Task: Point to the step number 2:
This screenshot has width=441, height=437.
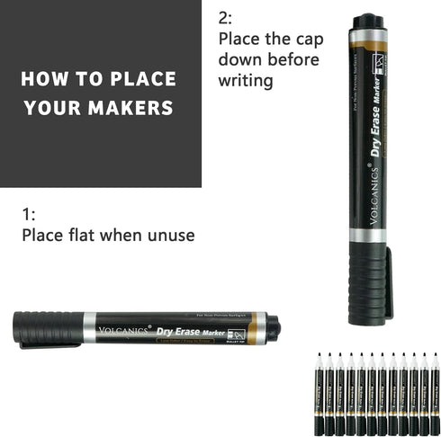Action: (225, 17)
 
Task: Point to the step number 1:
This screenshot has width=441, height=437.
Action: (29, 214)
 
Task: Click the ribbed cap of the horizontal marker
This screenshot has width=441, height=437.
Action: (49, 328)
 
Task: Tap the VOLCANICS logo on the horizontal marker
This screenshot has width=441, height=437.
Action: (124, 329)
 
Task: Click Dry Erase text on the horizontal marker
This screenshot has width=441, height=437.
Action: (184, 330)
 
